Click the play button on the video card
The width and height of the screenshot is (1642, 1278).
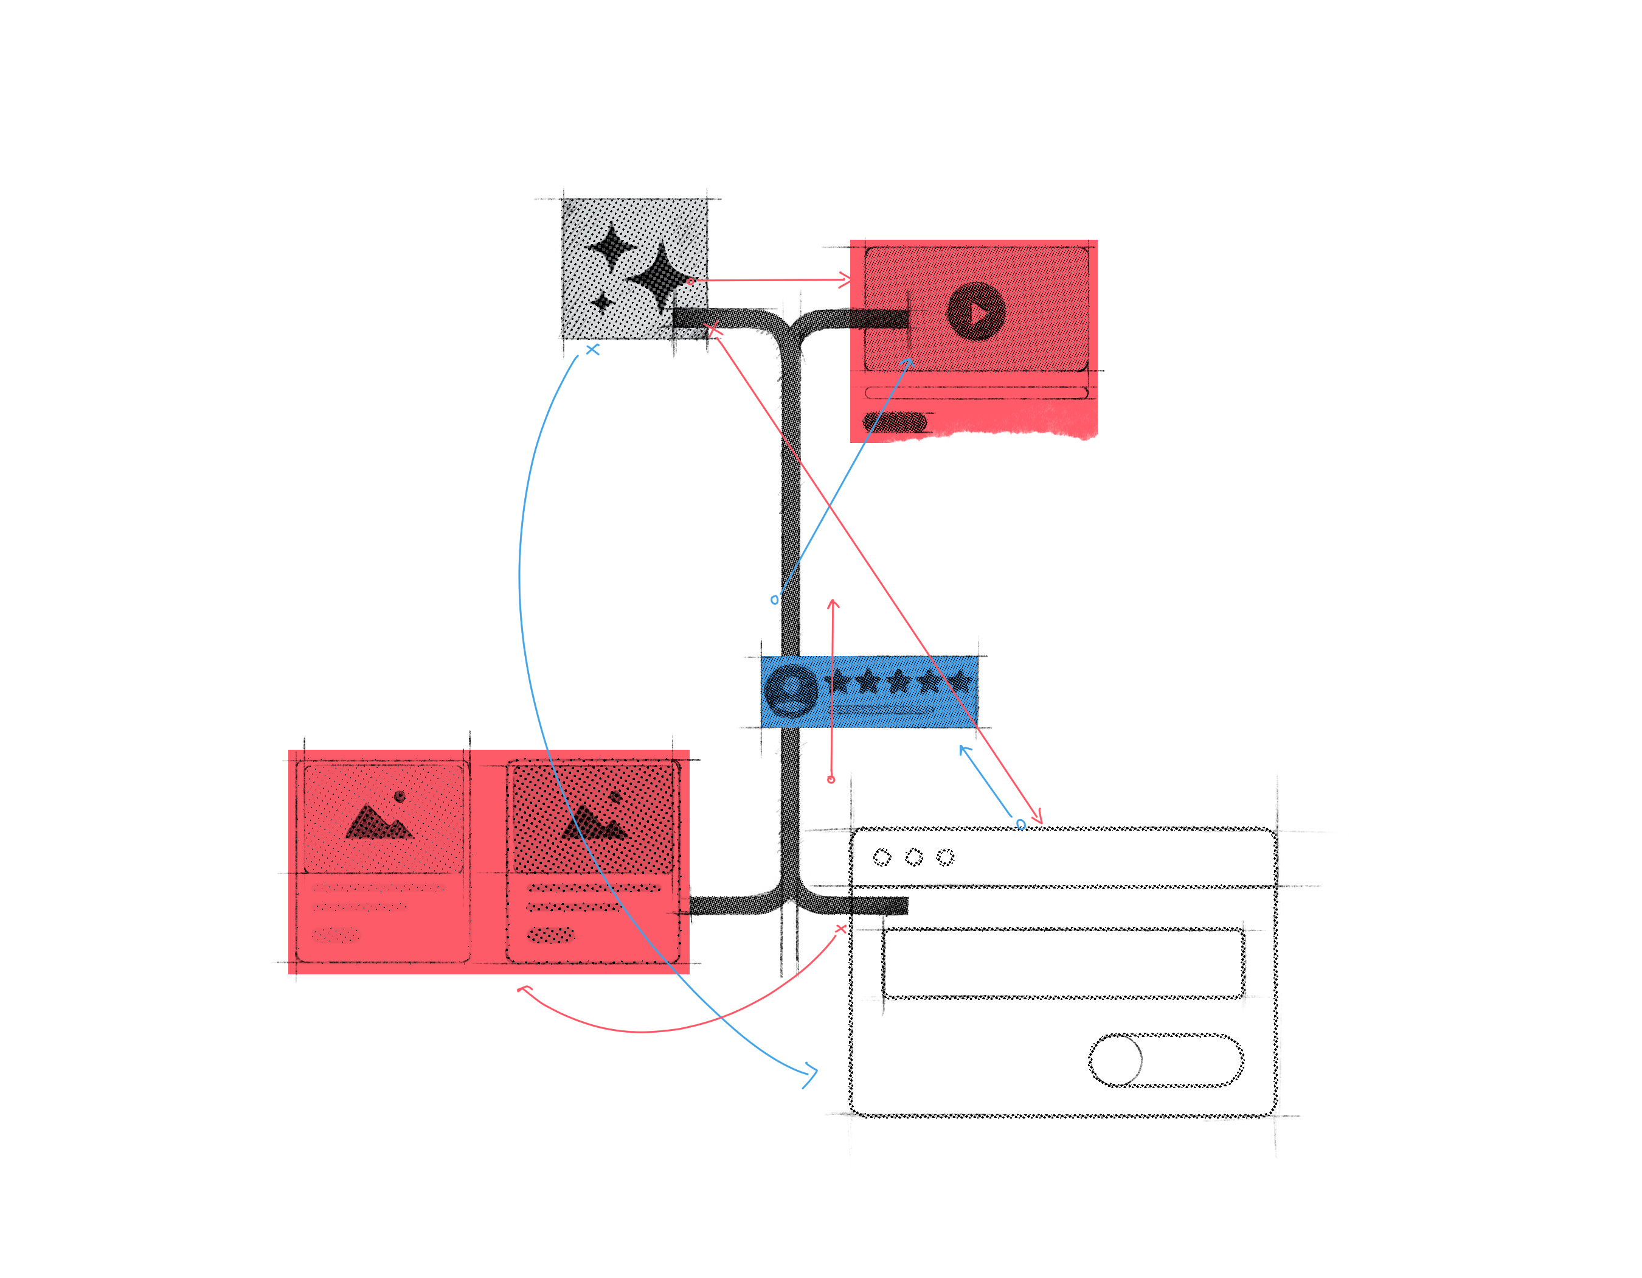click(x=976, y=312)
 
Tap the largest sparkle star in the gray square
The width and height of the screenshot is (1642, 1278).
click(x=660, y=276)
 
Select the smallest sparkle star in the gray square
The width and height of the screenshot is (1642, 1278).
click(x=601, y=302)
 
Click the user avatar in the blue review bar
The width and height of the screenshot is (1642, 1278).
click(x=790, y=690)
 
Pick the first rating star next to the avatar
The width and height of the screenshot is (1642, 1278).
click(x=837, y=682)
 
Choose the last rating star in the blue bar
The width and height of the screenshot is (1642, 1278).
click(x=959, y=682)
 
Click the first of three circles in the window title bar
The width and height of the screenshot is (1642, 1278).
click(x=882, y=857)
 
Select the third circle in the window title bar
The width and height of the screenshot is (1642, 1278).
click(x=945, y=857)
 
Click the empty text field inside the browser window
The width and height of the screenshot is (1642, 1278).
click(x=1062, y=963)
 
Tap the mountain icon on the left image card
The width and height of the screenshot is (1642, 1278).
click(x=378, y=822)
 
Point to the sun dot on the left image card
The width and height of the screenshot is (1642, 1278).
click(x=399, y=797)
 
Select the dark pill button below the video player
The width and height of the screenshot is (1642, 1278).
click(x=895, y=423)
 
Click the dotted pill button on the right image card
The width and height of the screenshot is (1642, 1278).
click(x=550, y=935)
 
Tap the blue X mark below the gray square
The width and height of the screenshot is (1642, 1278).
click(x=592, y=350)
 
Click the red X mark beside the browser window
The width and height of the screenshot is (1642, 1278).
click(x=840, y=929)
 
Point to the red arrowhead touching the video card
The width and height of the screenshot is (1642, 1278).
click(x=846, y=281)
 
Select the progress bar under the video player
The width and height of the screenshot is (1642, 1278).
click(x=976, y=393)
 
